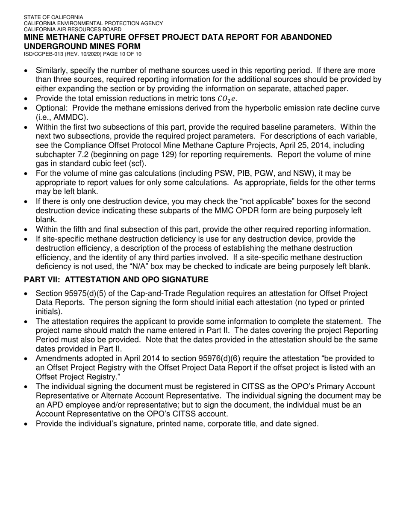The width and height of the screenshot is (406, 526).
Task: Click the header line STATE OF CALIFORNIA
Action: coord(54,17)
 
